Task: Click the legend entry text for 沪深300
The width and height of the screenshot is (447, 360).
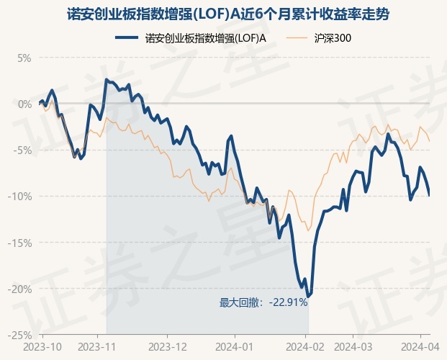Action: pyautogui.click(x=333, y=37)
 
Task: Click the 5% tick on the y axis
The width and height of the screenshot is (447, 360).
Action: pyautogui.click(x=24, y=58)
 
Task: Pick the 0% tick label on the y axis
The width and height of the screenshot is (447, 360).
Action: pyautogui.click(x=24, y=104)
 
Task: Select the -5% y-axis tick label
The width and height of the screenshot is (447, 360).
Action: pyautogui.click(x=22, y=150)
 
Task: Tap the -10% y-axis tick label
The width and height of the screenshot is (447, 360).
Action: pyautogui.click(x=20, y=196)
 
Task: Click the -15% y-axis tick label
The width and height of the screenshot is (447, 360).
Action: pyautogui.click(x=20, y=243)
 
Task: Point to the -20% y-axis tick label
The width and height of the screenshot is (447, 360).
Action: pyautogui.click(x=20, y=289)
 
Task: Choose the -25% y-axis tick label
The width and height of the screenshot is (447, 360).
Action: pyautogui.click(x=20, y=335)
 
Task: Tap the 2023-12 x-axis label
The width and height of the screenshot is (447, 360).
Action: pyautogui.click(x=167, y=346)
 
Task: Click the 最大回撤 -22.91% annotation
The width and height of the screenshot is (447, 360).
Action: pyautogui.click(x=263, y=302)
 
